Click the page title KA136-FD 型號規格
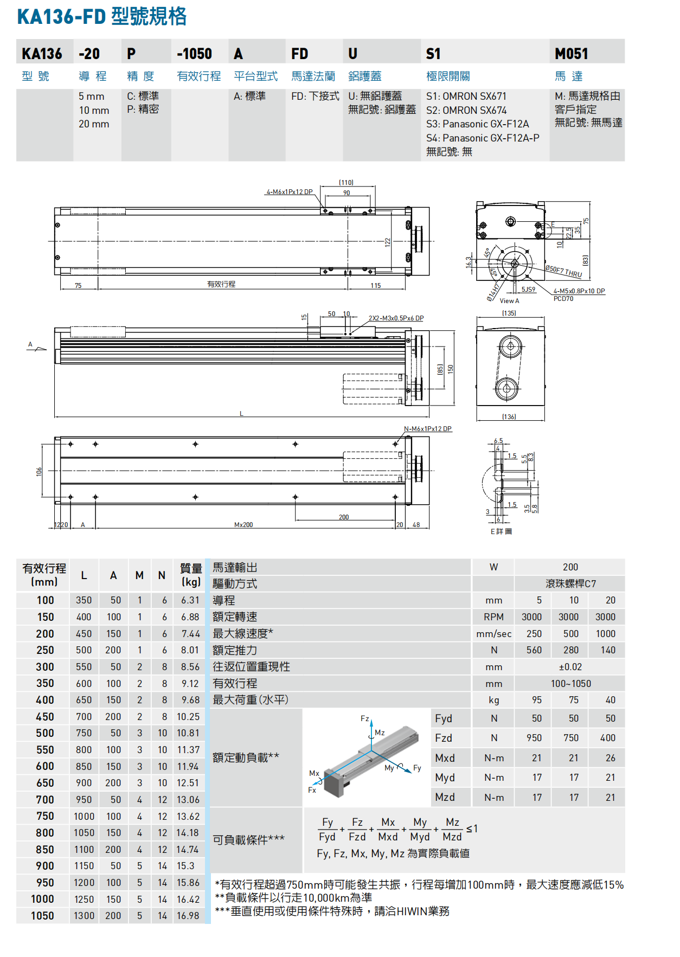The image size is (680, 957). (x=102, y=16)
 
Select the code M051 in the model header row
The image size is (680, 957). (x=571, y=54)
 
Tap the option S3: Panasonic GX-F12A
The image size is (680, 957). (x=477, y=124)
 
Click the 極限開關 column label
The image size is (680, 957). (x=448, y=76)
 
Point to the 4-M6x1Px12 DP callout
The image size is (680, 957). (x=290, y=192)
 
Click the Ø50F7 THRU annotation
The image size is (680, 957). (x=563, y=271)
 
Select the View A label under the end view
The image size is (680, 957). (x=509, y=301)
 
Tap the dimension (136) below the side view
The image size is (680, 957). (x=509, y=416)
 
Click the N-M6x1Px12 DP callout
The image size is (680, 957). (x=427, y=429)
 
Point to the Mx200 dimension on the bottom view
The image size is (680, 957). (x=243, y=524)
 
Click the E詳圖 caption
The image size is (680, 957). (x=501, y=531)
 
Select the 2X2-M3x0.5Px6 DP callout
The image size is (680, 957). (x=396, y=318)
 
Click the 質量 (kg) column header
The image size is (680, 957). (x=191, y=575)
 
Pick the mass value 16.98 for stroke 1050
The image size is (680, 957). (x=188, y=915)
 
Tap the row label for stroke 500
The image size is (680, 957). (x=45, y=733)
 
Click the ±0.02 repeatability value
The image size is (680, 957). (x=570, y=667)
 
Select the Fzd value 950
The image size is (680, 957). (x=534, y=738)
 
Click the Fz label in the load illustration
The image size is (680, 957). (x=365, y=718)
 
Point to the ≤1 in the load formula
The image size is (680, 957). (x=472, y=828)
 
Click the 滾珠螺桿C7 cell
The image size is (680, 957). (x=570, y=584)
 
